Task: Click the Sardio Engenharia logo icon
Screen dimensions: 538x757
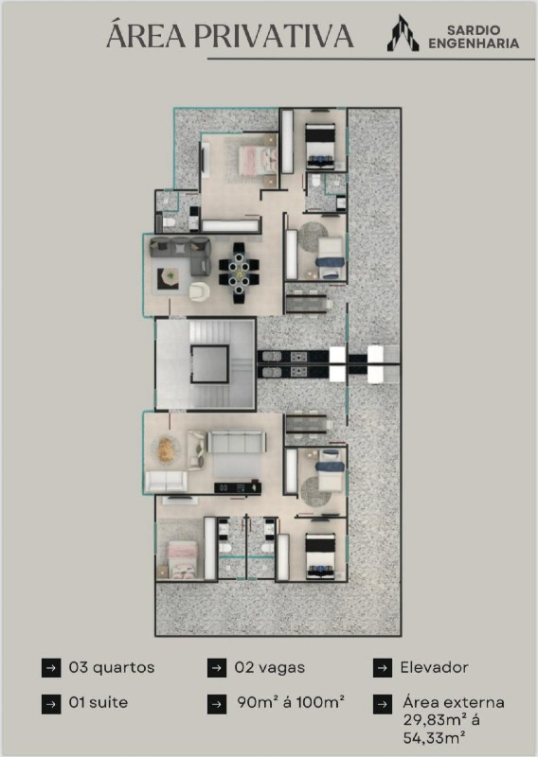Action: (403, 33)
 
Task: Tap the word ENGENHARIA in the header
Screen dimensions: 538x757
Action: (474, 44)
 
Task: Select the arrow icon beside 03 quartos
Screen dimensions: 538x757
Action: (51, 668)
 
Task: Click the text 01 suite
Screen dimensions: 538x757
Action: (99, 702)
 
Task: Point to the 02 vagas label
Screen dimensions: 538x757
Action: (270, 668)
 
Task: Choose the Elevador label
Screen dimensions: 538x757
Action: (434, 668)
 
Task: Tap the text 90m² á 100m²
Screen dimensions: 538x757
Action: (291, 702)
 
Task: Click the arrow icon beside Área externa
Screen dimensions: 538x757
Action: (383, 704)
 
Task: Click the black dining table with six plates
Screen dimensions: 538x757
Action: (239, 273)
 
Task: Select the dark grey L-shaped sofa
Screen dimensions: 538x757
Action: (180, 255)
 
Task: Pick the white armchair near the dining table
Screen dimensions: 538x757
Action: (199, 291)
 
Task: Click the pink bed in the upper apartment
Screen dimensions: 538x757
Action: (258, 161)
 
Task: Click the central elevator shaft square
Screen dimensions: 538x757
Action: (209, 364)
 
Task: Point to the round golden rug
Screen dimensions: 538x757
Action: (166, 449)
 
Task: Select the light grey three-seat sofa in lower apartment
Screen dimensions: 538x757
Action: (237, 441)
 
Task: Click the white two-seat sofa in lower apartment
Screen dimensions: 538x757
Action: (167, 482)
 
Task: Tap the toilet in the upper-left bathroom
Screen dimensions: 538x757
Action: (169, 222)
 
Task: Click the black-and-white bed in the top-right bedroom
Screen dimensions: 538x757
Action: (320, 146)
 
